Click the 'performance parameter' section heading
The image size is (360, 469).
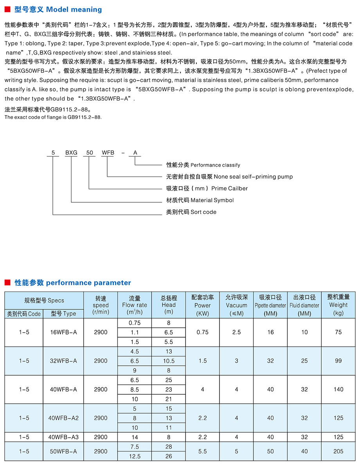click(x=88, y=282)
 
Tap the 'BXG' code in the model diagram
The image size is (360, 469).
click(x=71, y=153)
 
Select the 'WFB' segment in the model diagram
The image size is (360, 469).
click(x=108, y=153)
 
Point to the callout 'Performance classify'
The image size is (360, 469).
click(x=215, y=165)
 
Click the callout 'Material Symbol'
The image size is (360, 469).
click(x=212, y=200)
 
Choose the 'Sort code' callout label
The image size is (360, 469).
click(x=203, y=212)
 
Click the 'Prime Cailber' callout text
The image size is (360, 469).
click(x=229, y=189)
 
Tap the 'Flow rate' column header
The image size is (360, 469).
click(x=135, y=305)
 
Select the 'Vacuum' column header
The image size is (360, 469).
click(x=236, y=305)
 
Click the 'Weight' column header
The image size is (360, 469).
click(x=338, y=305)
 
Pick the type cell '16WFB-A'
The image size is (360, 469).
click(x=64, y=332)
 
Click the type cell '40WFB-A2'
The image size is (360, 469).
click(x=64, y=418)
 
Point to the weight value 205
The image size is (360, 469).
click(x=338, y=451)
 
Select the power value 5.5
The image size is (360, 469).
click(x=202, y=451)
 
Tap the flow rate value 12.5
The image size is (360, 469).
click(x=135, y=456)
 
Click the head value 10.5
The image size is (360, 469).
click(x=169, y=361)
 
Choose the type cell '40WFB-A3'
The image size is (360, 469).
click(x=64, y=437)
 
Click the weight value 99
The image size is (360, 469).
click(x=338, y=361)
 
